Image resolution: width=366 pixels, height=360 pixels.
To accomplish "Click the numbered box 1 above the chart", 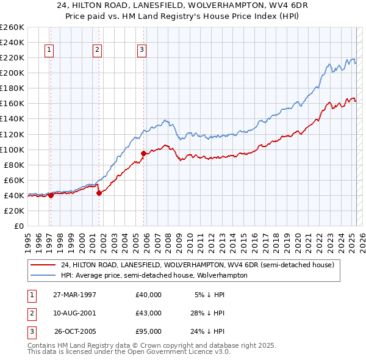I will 49,51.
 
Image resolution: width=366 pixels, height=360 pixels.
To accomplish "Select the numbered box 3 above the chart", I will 142,51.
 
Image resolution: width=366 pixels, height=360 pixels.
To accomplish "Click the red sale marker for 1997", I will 51,195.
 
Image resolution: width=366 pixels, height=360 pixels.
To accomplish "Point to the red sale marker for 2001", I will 99,193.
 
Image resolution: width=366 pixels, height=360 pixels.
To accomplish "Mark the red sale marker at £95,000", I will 143,153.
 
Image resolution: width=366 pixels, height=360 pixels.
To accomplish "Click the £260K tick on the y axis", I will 12,27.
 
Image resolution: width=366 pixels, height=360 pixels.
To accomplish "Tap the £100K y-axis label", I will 12,149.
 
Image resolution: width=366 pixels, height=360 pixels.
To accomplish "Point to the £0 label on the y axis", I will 18,226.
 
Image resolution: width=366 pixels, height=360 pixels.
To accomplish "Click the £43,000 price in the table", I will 149,313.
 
